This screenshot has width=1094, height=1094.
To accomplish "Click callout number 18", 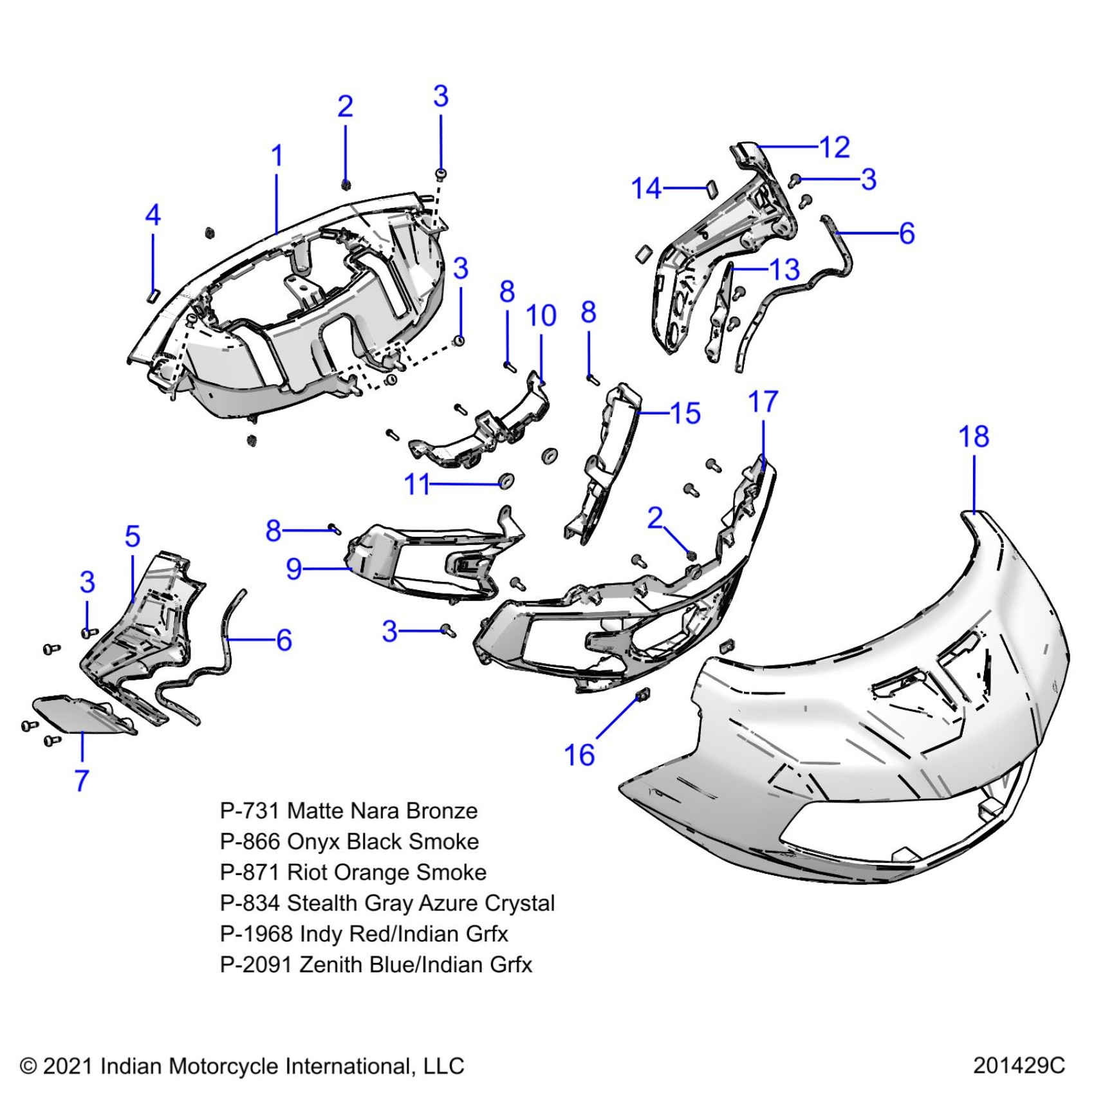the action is click(974, 437).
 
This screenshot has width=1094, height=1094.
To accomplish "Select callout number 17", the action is click(763, 402).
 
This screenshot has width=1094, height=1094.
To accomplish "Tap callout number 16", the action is click(579, 755).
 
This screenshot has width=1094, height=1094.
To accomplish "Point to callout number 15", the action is click(685, 413).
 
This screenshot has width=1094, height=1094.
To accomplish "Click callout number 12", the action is click(835, 147).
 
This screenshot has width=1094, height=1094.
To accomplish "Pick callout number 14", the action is click(646, 189).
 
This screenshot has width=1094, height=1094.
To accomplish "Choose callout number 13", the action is click(784, 269).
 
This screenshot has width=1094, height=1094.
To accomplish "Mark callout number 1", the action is click(277, 156).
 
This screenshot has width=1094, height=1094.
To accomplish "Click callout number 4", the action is click(153, 215).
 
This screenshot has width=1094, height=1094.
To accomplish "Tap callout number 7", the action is click(82, 781).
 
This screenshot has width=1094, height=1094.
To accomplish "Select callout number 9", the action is click(293, 569).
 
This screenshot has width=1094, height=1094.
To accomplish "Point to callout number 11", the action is click(416, 484).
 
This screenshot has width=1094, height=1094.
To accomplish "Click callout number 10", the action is click(541, 316).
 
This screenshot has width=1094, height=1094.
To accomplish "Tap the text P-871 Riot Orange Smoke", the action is click(353, 873).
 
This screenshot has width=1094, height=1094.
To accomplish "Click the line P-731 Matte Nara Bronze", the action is click(348, 811).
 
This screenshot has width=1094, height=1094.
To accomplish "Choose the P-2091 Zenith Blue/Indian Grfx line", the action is click(376, 965).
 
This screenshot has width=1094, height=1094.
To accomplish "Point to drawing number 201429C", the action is click(1019, 1066).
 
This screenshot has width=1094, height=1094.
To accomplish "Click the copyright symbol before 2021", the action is click(28, 1066).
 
